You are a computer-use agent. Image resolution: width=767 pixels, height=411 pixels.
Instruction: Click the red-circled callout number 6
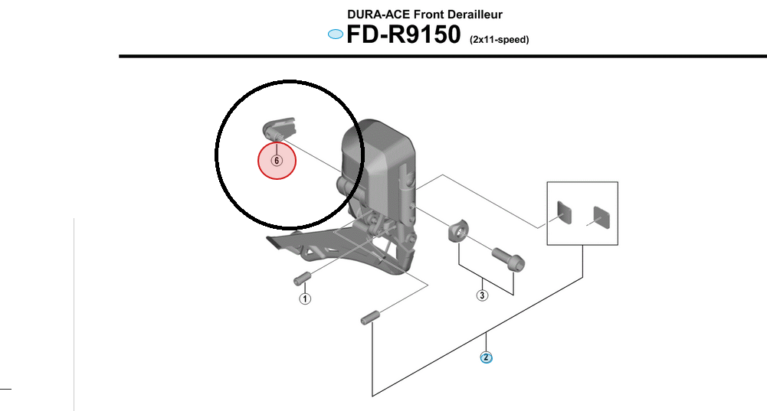click(x=277, y=161)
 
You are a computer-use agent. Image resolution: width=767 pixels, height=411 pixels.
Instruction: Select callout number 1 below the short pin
click(x=305, y=298)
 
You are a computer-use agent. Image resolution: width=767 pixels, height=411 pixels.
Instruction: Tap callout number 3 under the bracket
click(x=482, y=295)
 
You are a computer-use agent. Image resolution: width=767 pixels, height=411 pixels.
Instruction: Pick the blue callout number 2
click(x=486, y=357)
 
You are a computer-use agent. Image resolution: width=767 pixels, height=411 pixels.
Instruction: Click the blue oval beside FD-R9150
click(x=335, y=34)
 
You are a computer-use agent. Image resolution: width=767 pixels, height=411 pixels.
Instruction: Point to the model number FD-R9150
click(x=403, y=35)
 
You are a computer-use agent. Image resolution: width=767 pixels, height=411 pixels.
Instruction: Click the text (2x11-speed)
click(x=499, y=39)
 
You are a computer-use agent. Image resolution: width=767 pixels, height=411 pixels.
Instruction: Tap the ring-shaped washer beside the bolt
click(x=457, y=230)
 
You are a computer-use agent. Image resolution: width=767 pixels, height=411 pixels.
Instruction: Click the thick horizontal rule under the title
click(x=443, y=56)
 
